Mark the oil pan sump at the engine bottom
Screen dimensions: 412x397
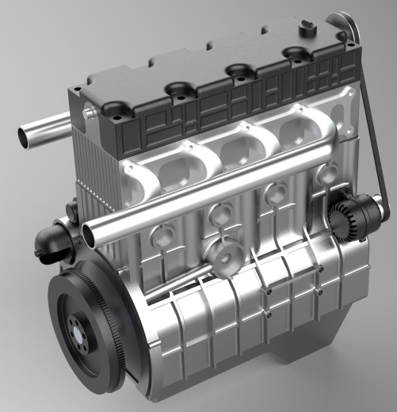pyautogui.click(x=309, y=349)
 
